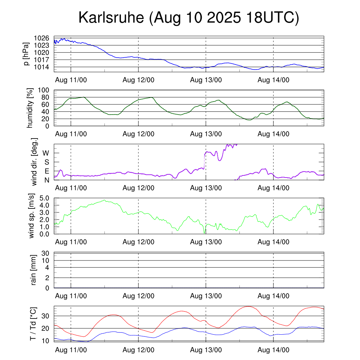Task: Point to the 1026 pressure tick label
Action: coord(41,38)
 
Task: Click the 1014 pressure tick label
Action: coord(41,67)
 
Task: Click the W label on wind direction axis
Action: coord(46,153)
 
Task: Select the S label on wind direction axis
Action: coord(46,162)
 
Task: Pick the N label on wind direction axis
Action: coord(46,180)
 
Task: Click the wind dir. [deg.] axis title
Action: coord(34,162)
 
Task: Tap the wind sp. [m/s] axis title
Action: coord(32,216)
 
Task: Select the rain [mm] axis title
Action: coord(34,270)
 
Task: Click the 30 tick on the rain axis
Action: coord(46,253)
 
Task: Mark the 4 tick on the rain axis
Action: coord(47,268)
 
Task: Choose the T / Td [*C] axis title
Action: coord(33,323)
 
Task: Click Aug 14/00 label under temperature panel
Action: coord(274,350)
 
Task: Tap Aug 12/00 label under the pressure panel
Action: coord(138,80)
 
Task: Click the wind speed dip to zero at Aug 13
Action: coord(205,233)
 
